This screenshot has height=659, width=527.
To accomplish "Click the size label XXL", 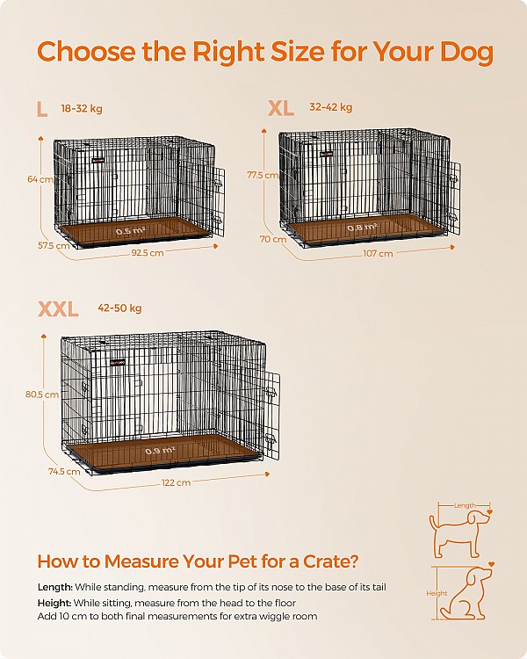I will coord(58,308).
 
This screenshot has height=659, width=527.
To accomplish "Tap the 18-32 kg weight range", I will coord(82,109).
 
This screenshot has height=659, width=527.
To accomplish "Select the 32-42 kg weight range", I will coord(331,107).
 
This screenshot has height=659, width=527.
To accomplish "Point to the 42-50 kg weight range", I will coord(120,308).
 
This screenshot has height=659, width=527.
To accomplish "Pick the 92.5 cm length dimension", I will coord(146,253).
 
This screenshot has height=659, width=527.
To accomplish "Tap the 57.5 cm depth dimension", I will coord(53,245).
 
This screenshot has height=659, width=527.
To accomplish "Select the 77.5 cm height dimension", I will coord(263,175).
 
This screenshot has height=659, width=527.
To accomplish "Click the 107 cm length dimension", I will coord(379,253).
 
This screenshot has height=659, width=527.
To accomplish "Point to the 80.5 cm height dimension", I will coord(42,395).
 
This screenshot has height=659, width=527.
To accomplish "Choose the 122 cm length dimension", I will coord(177,482).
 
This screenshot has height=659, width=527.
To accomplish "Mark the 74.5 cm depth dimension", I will coord(64,471).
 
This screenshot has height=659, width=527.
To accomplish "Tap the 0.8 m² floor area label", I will coord(362,228).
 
